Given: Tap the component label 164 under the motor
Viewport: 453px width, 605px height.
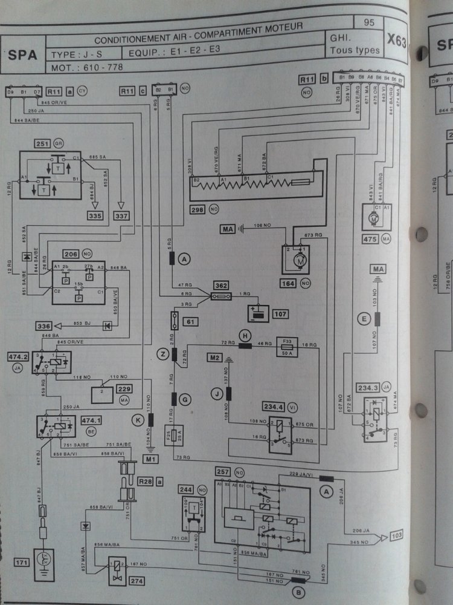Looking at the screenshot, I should click(x=289, y=283).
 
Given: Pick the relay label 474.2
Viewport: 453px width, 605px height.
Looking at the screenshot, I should click(x=17, y=358).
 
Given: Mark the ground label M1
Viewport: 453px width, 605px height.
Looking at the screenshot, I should click(x=150, y=458).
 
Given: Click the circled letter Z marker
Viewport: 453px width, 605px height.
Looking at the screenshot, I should click(x=162, y=354).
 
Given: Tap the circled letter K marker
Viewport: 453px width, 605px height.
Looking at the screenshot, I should click(x=138, y=419).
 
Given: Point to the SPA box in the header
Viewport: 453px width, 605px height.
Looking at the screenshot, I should click(x=22, y=55).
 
